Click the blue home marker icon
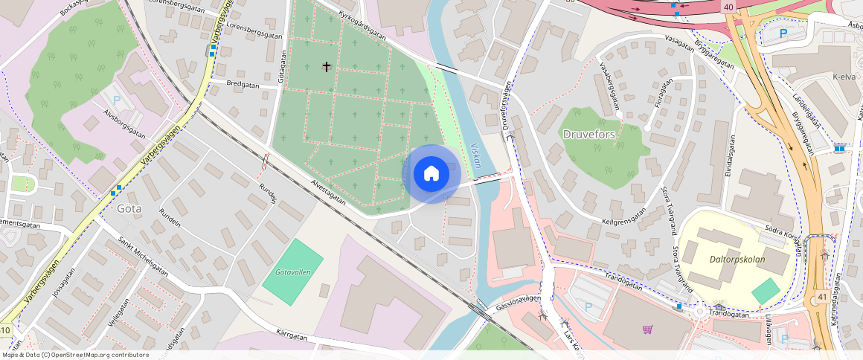click(431, 174)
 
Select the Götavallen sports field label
click(292, 272)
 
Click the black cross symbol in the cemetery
click(326, 67)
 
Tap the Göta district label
click(129, 208)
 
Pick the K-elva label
click(844, 77)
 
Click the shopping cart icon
click(648, 329)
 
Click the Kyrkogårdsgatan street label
click(362, 25)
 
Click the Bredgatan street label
click(243, 85)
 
